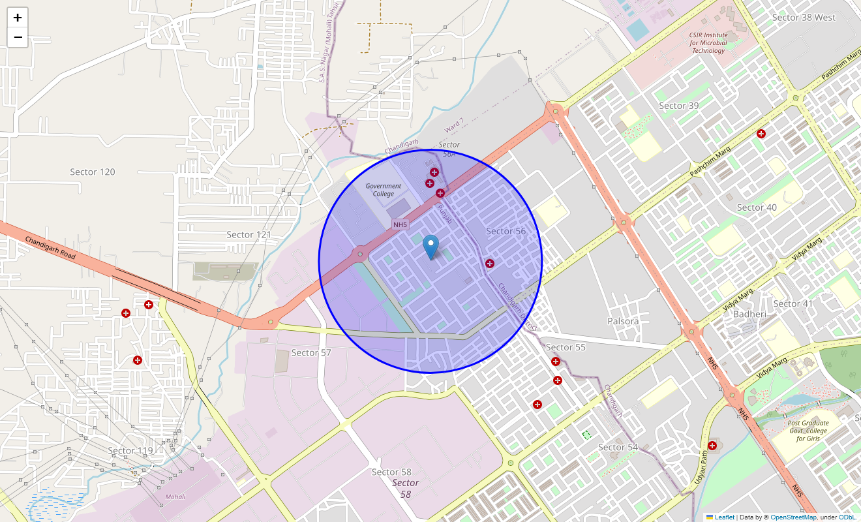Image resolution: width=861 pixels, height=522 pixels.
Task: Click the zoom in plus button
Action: click(18, 18)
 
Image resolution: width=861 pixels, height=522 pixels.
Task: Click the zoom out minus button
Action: click(18, 37)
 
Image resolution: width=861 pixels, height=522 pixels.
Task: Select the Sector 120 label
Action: click(93, 172)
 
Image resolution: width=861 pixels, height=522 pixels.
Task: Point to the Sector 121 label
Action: click(249, 235)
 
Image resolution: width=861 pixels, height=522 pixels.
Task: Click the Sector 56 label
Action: click(506, 231)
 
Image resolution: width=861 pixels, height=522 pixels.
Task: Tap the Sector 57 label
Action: click(311, 353)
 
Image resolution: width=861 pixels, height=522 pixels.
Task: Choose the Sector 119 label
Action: click(130, 451)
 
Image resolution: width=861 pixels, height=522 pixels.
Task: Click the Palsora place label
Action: click(623, 321)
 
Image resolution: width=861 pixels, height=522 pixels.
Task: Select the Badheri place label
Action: click(749, 314)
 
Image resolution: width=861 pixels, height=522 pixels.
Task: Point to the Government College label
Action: click(384, 190)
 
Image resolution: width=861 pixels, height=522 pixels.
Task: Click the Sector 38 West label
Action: click(804, 18)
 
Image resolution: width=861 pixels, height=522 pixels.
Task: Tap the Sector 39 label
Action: click(678, 106)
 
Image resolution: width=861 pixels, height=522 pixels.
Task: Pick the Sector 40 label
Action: click(757, 207)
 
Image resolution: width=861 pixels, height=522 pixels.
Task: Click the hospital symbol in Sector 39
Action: click(761, 134)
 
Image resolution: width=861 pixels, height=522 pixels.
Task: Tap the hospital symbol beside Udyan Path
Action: click(712, 446)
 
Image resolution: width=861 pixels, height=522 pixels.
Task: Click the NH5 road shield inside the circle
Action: click(400, 225)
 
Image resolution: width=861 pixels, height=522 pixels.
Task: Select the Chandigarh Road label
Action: click(50, 248)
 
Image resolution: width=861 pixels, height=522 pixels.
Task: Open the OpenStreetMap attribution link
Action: click(793, 517)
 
